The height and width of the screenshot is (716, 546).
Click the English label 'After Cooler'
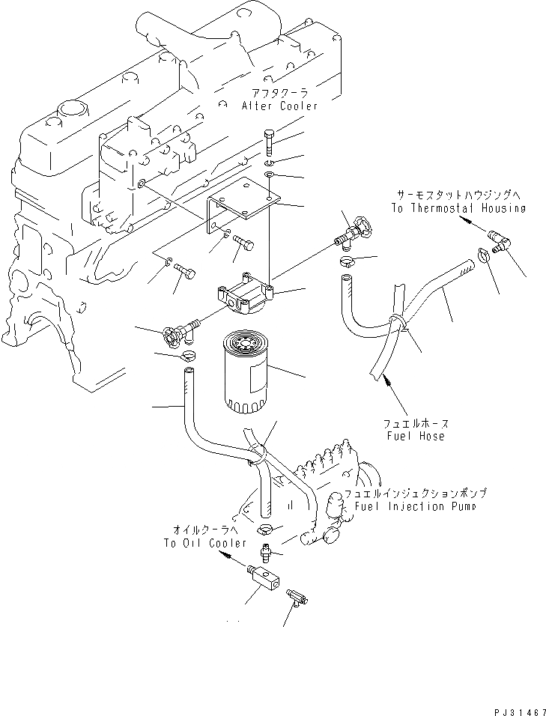click(279, 106)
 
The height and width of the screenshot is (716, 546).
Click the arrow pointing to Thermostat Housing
click(467, 222)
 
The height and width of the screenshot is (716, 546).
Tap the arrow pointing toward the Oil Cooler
click(229, 559)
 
